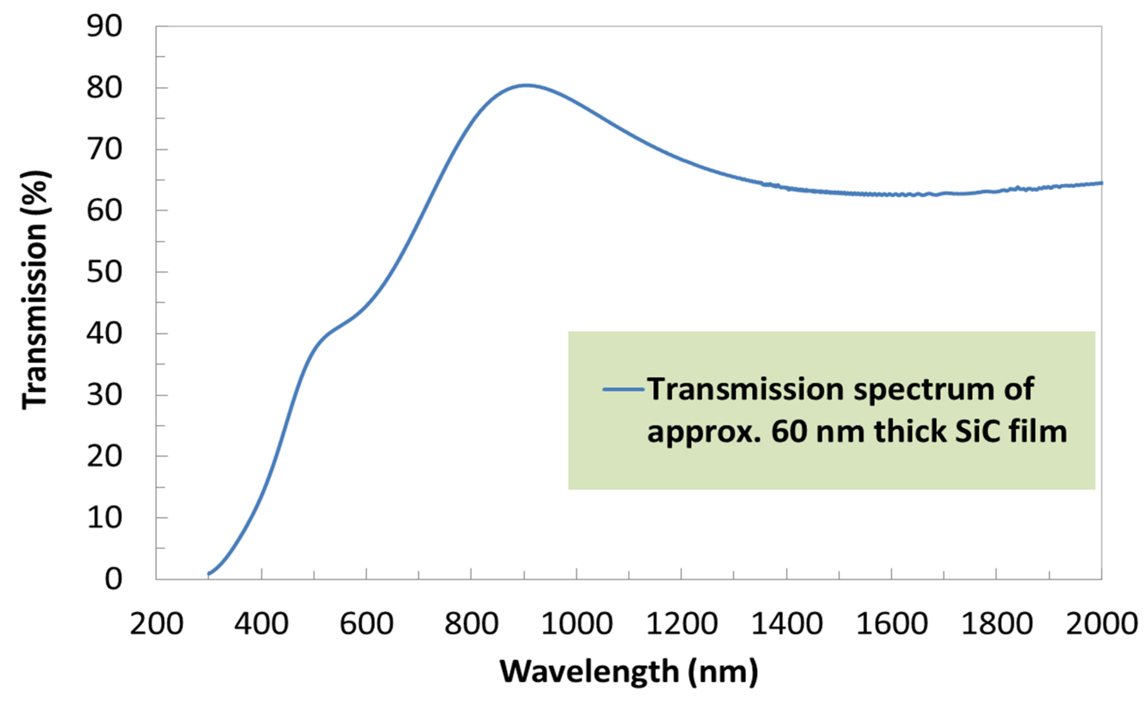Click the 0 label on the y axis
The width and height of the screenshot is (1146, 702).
tap(113, 580)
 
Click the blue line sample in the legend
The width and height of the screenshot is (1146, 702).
tap(623, 389)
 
